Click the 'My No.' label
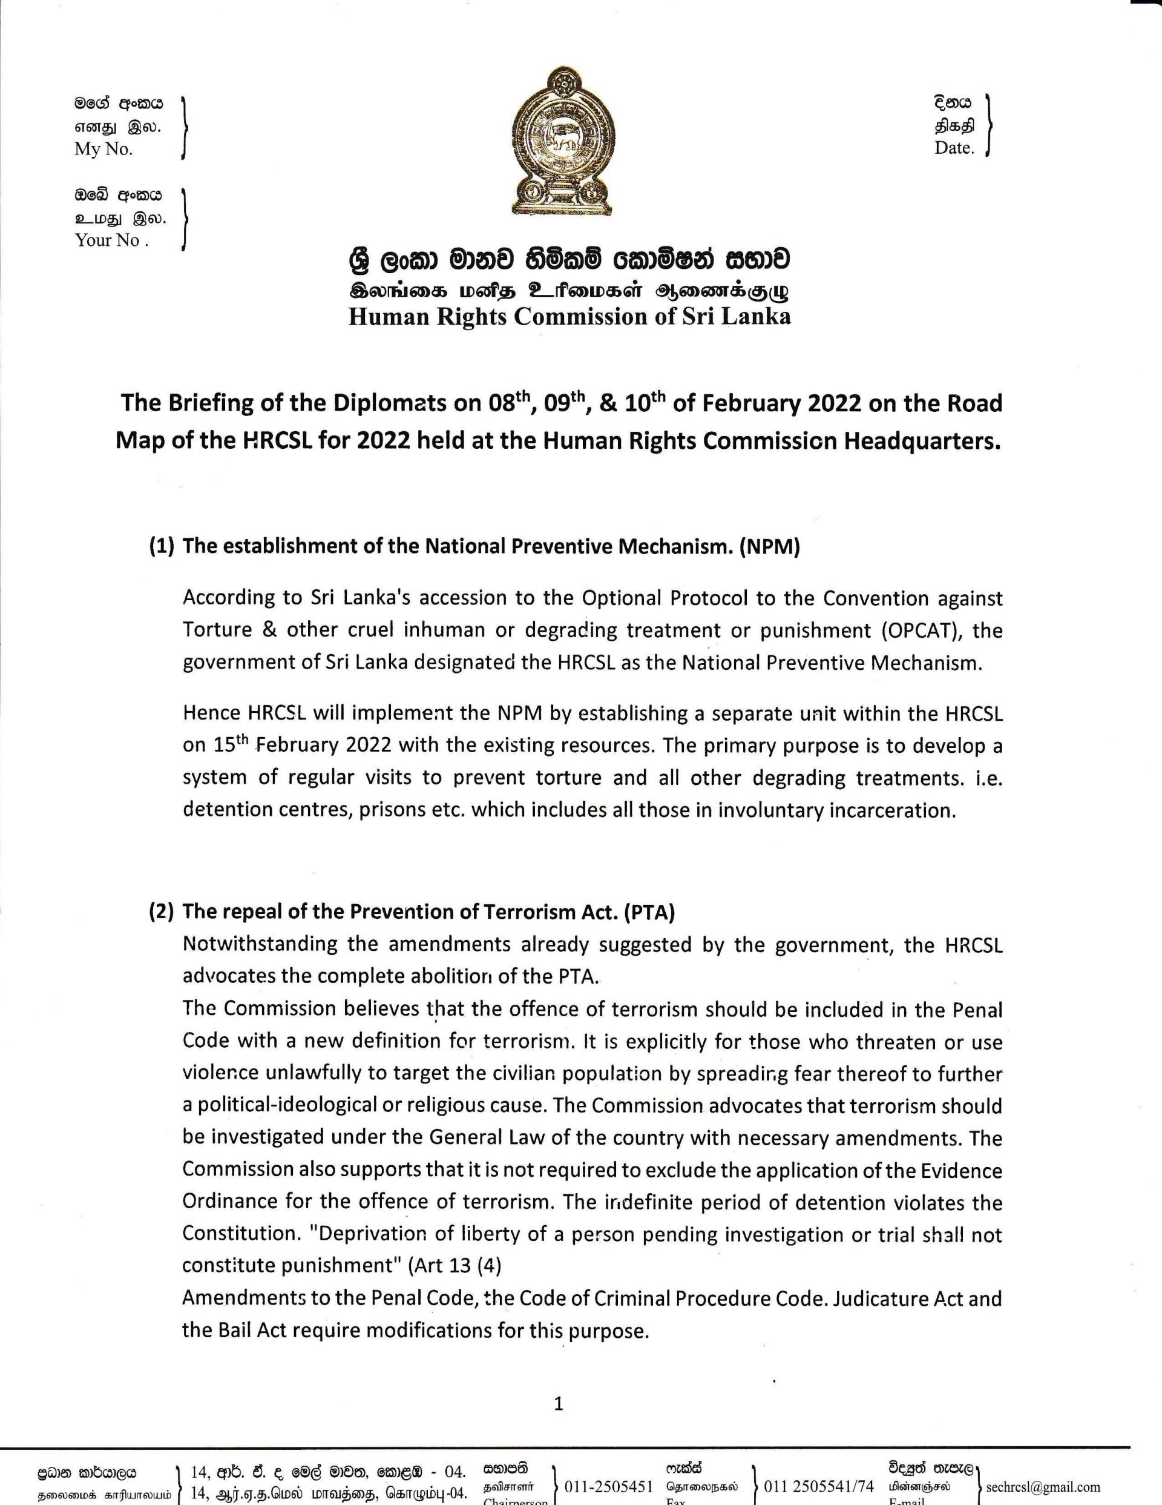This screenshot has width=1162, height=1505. [x=103, y=150]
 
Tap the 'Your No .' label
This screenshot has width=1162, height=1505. [x=111, y=240]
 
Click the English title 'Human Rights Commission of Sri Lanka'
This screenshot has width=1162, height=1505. [x=569, y=316]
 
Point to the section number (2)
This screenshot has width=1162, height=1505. [x=162, y=911]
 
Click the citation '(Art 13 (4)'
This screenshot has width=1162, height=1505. [x=455, y=1266]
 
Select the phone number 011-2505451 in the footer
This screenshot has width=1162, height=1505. [x=608, y=1486]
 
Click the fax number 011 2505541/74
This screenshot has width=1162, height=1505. [x=818, y=1486]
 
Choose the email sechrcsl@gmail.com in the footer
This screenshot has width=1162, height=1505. [x=1043, y=1486]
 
